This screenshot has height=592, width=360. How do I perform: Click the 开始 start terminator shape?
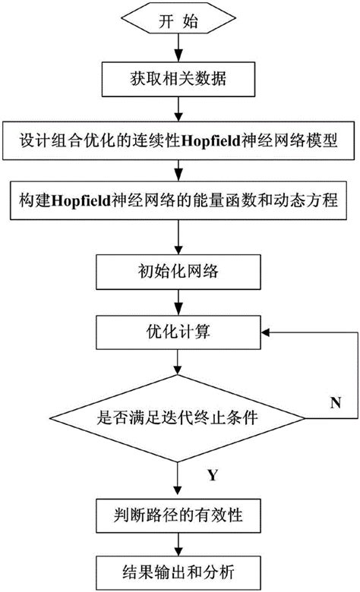[179, 22]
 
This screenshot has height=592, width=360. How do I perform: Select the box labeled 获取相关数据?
[179, 80]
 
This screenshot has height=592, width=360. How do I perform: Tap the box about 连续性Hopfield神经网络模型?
[179, 142]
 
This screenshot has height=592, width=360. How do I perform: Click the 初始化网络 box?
[179, 269]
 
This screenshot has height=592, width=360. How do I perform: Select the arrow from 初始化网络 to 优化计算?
[179, 301]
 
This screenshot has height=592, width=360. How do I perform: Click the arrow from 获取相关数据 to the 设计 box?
[179, 111]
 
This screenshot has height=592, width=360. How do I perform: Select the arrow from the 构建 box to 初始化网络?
[179, 235]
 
